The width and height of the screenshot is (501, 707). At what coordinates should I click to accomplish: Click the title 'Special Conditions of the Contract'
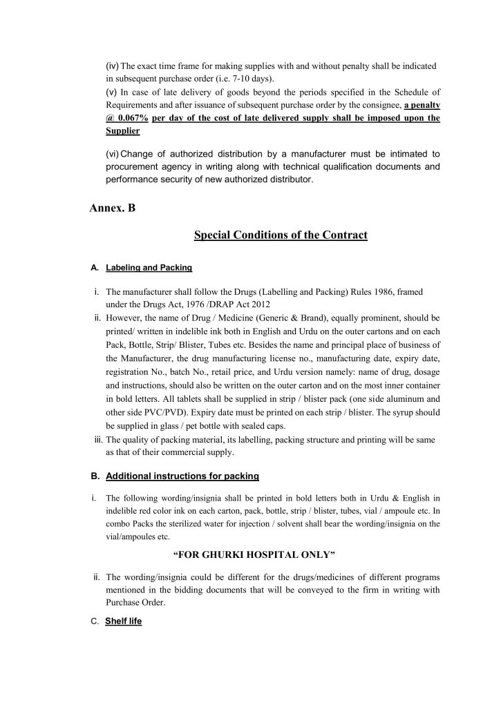point(281,235)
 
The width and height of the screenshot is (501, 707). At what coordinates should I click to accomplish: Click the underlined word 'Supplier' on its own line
point(122,130)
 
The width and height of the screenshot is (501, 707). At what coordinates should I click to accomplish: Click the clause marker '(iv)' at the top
point(113,66)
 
